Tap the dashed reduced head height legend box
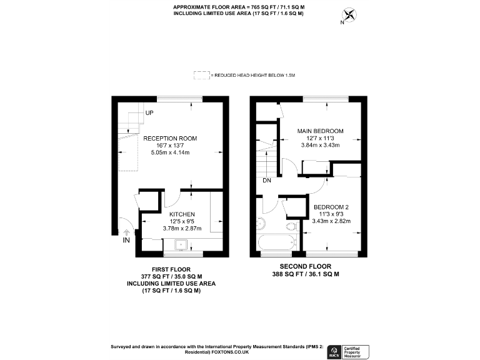[202, 75]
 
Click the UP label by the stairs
[149, 113]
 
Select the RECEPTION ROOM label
[170, 138]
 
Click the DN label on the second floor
[267, 182]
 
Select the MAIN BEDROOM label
[320, 131]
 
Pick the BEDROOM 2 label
[331, 206]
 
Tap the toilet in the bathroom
[291, 226]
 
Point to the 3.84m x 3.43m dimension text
[320, 146]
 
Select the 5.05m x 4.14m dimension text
[170, 152]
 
